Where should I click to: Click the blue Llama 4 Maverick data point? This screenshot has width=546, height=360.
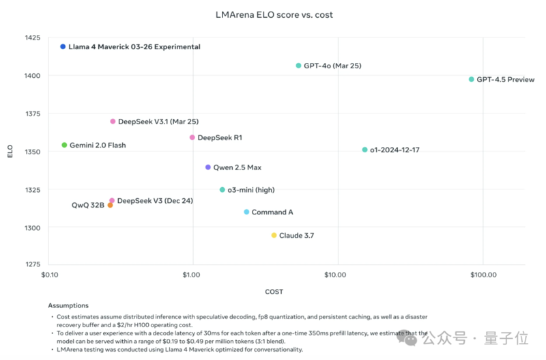63,46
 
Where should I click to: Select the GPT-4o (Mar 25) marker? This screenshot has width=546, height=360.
298,66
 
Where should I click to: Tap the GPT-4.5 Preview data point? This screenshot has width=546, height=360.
471,79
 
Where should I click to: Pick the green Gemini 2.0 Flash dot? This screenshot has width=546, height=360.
64,145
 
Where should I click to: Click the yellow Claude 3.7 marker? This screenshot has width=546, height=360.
274,235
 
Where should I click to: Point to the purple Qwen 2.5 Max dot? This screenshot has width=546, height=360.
207,167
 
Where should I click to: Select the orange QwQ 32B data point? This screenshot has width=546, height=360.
110,205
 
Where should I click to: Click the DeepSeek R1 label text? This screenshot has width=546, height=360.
220,137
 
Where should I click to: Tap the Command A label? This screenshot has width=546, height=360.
272,212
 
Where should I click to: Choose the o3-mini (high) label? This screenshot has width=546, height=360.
251,189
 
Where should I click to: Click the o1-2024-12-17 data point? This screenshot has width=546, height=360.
364,150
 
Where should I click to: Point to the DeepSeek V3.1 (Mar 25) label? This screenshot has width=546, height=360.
158,121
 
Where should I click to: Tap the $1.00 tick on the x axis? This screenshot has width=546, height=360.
192,275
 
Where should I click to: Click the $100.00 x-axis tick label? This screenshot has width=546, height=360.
483,275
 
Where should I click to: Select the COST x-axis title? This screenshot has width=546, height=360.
273,291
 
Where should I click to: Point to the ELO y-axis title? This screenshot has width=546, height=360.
10,152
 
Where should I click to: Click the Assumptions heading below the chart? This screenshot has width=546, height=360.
68,305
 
